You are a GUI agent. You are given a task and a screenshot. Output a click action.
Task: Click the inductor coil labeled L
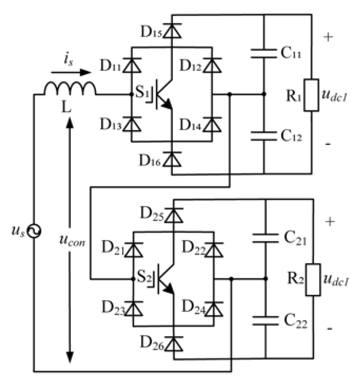pyautogui.click(x=70, y=89)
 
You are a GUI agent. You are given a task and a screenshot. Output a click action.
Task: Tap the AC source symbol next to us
pyautogui.click(x=35, y=232)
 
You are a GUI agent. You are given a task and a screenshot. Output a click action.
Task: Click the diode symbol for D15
pyautogui.click(x=172, y=32)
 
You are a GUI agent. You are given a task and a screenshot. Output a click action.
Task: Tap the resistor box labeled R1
pyautogui.click(x=311, y=95)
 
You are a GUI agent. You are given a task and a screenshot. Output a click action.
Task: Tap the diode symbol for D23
pyautogui.click(x=133, y=309)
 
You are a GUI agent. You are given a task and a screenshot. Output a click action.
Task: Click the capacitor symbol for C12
pyautogui.click(x=264, y=135)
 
